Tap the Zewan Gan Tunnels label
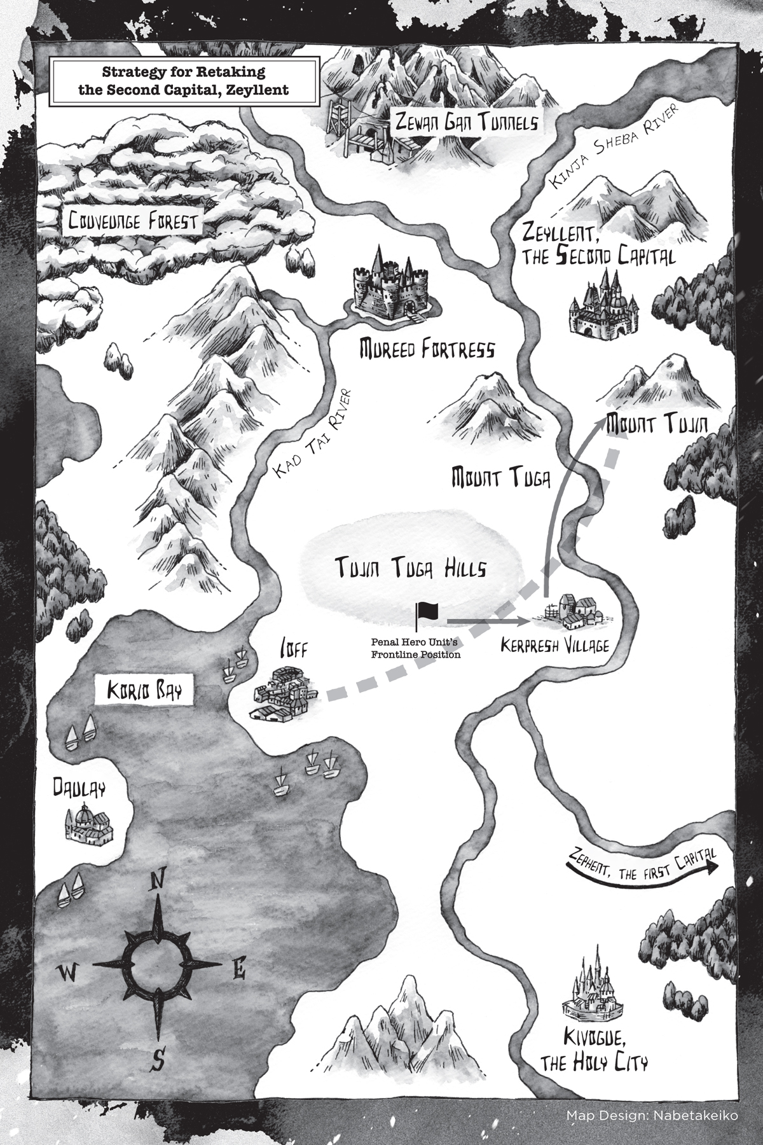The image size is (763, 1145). tap(465, 121)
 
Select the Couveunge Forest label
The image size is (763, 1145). tap(134, 222)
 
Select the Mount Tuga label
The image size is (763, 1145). tap(500, 477)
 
